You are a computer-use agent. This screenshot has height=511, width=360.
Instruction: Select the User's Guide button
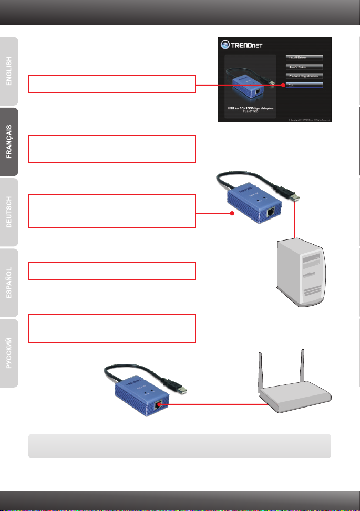(x=304, y=67)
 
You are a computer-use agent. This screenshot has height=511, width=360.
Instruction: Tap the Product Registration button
(x=304, y=76)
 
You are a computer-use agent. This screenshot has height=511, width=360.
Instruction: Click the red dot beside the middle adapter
(x=232, y=214)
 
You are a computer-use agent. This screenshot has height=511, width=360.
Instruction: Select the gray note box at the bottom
(x=180, y=446)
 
